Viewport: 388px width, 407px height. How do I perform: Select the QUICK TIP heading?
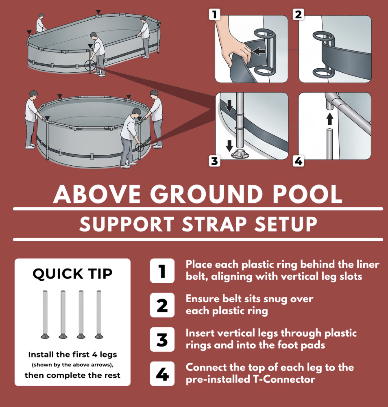click(x=72, y=274)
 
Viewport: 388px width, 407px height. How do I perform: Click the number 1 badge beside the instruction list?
click(x=162, y=271)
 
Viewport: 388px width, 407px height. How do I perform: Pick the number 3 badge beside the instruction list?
click(x=162, y=339)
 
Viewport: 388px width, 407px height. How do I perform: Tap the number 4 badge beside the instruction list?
click(x=162, y=374)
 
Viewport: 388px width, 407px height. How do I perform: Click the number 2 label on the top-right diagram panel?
click(x=299, y=15)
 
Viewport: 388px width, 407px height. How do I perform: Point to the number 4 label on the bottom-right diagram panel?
click(x=299, y=161)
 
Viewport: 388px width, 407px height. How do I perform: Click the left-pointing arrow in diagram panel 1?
click(x=259, y=51)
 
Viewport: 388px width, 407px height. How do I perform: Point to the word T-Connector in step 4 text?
click(x=284, y=379)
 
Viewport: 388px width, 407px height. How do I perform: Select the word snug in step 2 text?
click(x=275, y=299)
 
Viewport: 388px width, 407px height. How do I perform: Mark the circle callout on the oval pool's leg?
click(x=90, y=65)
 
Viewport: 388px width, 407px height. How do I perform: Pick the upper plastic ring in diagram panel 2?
click(x=323, y=36)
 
